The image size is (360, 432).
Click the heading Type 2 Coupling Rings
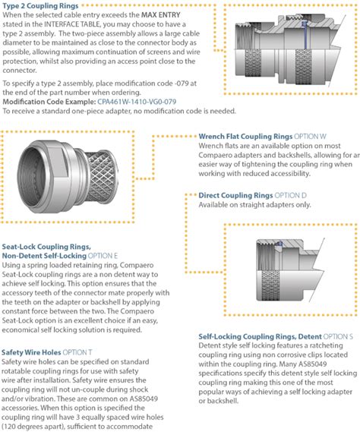point(40,5)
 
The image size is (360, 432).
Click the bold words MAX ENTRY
point(161,15)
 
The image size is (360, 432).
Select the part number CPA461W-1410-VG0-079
point(137,102)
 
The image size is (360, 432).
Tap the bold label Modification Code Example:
point(49,102)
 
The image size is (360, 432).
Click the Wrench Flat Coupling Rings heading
point(245,137)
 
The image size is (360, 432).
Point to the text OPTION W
point(310,137)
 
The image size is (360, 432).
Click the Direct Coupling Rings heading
point(235,195)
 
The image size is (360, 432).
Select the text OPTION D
point(291,195)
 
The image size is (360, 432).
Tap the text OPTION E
point(103,256)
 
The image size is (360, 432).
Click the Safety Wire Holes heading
point(31,352)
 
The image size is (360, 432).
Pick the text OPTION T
point(77,352)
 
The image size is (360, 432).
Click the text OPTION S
point(338,336)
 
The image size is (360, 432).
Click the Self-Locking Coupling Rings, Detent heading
point(260,336)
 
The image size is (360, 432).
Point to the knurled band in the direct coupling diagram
point(270,285)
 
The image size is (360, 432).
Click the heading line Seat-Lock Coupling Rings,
point(46,247)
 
